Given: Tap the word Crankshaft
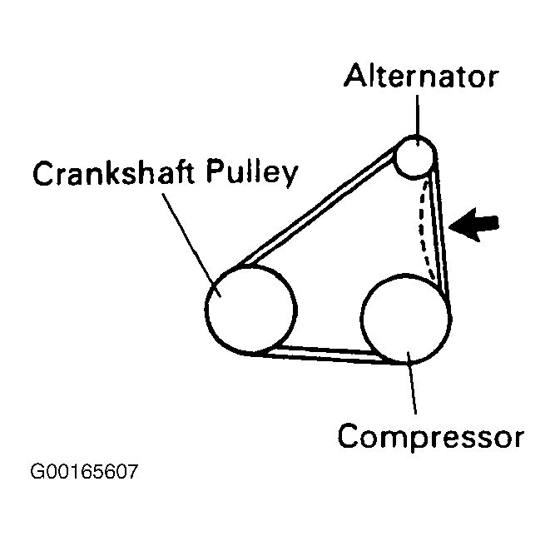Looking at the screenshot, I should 106,176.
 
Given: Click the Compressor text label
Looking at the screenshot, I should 430,435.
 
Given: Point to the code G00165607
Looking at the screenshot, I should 83,473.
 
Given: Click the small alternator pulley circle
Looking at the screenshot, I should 414,156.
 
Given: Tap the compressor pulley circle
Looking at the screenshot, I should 406,320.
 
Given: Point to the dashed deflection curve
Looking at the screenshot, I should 425,225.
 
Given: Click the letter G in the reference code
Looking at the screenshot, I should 37,473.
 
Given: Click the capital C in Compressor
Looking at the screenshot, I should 350,435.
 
